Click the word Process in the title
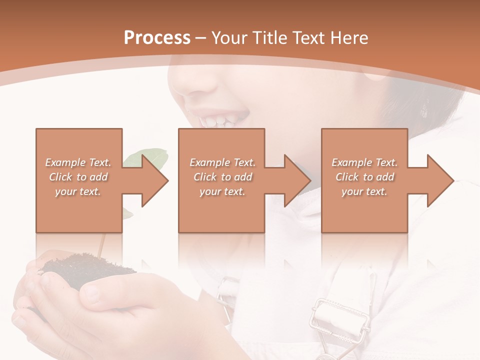coord(157,38)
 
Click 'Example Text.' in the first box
coord(78,162)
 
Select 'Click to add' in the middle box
coord(222,177)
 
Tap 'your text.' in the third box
coord(364,191)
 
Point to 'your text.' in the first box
coord(78,191)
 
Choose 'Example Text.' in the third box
coord(364,162)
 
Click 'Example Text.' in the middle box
coord(222,162)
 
